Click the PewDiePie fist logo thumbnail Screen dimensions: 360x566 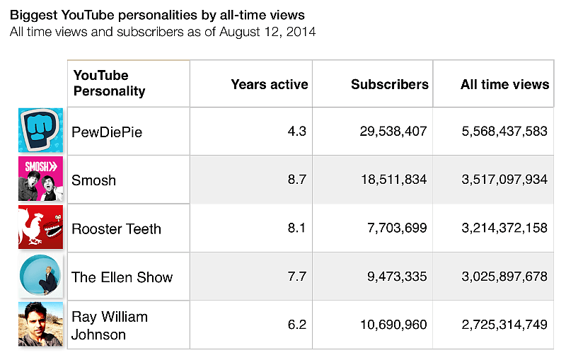(40, 130)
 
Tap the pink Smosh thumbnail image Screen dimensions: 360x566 (40, 179)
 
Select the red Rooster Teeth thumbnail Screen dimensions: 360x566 (40, 228)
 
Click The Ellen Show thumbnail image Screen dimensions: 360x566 (40, 276)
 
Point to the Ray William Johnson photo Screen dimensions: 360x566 (40, 325)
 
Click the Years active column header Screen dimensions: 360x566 (270, 85)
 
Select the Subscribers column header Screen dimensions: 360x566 (390, 85)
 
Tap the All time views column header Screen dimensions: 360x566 (504, 85)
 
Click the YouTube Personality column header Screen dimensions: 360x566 (110, 83)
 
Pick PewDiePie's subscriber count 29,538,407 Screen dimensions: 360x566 (388, 132)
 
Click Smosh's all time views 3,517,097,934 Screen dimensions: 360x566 (504, 180)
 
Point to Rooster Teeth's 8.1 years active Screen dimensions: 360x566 (297, 228)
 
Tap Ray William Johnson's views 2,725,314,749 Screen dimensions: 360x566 (504, 325)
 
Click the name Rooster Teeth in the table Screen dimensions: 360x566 (117, 228)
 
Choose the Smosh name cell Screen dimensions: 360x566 (94, 180)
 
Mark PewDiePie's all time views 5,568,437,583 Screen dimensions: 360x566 (504, 132)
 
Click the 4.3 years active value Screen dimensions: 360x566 (297, 132)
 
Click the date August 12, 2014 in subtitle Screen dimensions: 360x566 (267, 32)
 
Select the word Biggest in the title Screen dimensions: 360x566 (33, 14)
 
